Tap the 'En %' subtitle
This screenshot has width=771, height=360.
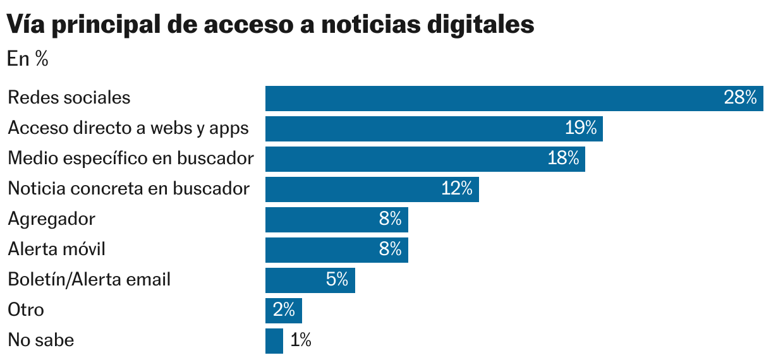point(28,59)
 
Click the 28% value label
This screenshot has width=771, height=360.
point(740,98)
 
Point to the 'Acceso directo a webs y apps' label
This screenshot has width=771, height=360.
point(128,128)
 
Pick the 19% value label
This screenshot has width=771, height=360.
point(581,128)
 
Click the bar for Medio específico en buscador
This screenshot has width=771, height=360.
point(404,159)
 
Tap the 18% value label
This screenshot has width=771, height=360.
point(563,159)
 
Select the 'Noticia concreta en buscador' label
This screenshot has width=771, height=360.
point(129,189)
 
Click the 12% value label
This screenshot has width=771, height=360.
point(457,189)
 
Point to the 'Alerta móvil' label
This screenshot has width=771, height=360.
point(56,249)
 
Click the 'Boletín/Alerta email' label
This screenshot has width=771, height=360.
point(89,280)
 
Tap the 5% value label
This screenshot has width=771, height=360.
point(337,280)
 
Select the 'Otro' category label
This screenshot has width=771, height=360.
point(26,310)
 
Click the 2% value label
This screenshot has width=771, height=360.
point(284,310)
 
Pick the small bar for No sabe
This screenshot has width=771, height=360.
point(274,341)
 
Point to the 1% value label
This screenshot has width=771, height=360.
point(301,340)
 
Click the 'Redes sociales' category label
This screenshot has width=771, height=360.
point(69,98)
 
